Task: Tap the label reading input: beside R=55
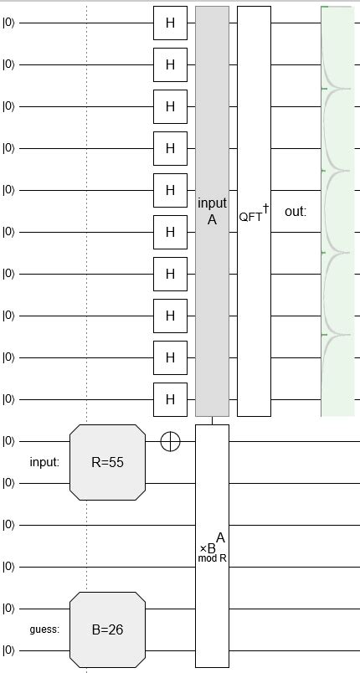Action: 43,462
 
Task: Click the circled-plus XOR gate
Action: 170,441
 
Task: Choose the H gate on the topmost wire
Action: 170,23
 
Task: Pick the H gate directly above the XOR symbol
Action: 170,399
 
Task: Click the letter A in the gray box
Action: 212,220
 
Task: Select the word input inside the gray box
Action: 212,203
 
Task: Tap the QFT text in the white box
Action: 249,216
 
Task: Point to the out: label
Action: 296,212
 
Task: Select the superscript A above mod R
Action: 220,537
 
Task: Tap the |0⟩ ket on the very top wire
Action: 9,23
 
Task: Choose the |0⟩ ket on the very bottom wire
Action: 9,650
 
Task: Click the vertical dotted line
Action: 87,251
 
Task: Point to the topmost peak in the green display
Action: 324,8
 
